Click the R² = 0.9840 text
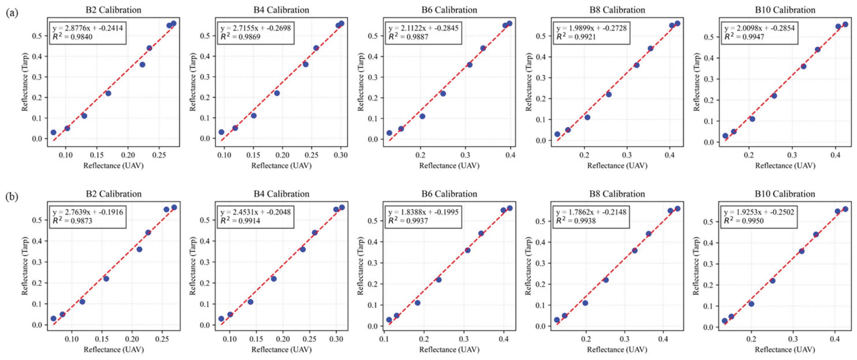(x=73, y=37)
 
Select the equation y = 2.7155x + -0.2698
(x=255, y=28)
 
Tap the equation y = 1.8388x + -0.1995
(x=423, y=212)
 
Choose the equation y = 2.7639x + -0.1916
(x=88, y=212)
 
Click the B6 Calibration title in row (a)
(x=449, y=10)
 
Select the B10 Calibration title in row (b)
(x=785, y=194)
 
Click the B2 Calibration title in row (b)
(x=114, y=194)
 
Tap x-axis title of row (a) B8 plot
(x=617, y=166)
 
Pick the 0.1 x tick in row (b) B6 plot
(x=384, y=339)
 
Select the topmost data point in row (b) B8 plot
(x=677, y=208)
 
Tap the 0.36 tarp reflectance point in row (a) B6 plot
(x=469, y=65)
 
